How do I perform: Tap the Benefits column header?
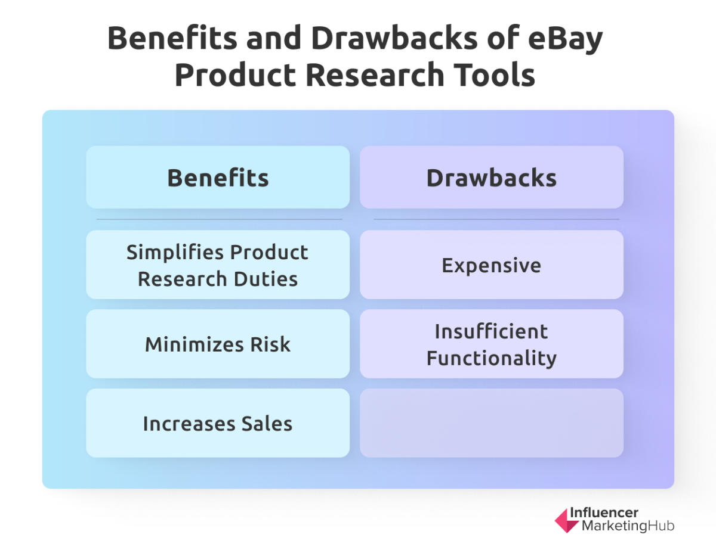click(x=218, y=178)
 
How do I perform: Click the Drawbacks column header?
click(x=492, y=178)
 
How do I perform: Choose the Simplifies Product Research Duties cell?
click(x=218, y=265)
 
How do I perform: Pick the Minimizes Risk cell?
click(x=218, y=344)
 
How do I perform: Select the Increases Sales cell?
click(x=218, y=423)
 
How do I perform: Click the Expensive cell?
click(x=492, y=265)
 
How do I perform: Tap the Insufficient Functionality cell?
click(x=492, y=344)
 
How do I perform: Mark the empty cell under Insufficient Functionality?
click(x=492, y=423)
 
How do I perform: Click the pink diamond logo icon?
click(x=566, y=520)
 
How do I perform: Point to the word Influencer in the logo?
click(x=604, y=512)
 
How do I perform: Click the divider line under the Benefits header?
click(x=219, y=219)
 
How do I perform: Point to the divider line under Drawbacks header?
click(x=496, y=219)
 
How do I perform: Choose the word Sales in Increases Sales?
click(x=267, y=423)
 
